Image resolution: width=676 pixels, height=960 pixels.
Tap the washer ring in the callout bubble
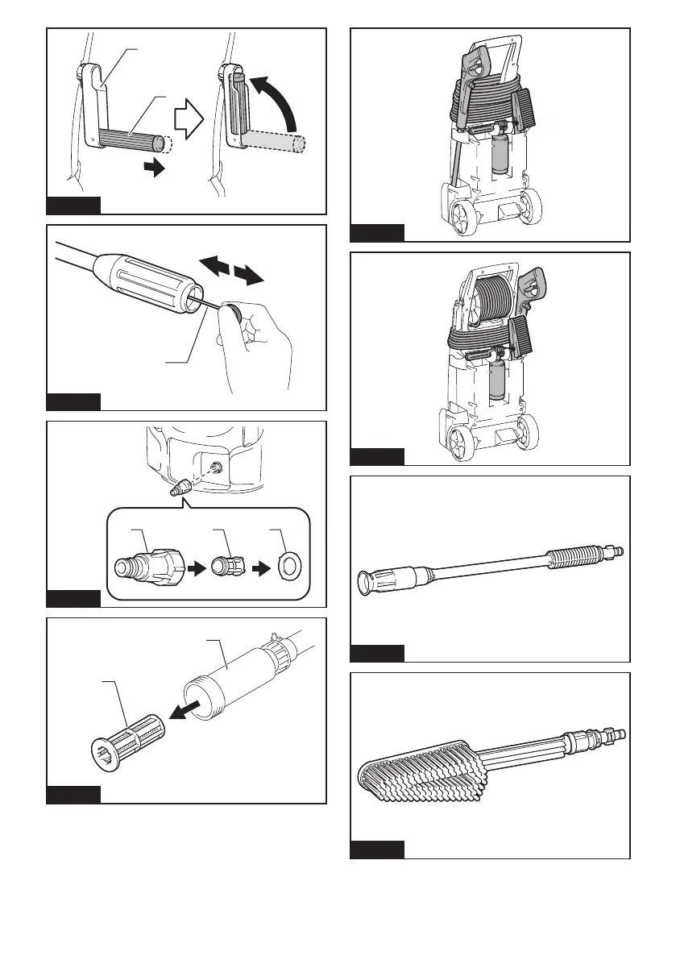click(286, 566)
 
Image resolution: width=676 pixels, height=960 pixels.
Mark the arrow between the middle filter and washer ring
click(256, 566)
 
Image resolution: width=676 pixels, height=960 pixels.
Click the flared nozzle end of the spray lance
click(369, 581)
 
